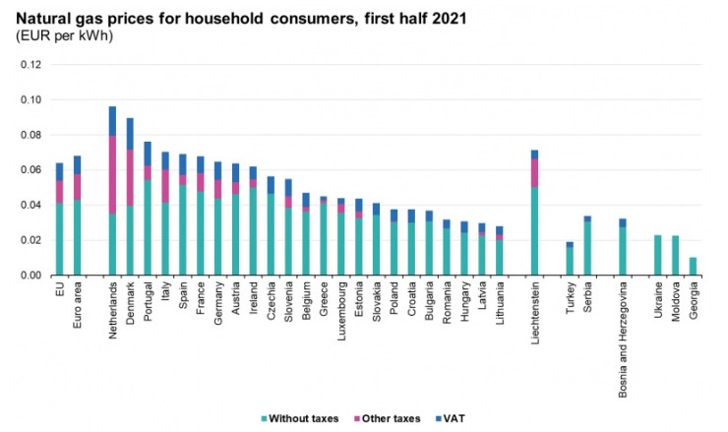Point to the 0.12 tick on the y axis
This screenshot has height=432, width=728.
pyautogui.click(x=32, y=65)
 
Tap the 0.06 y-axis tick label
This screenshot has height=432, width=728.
pyautogui.click(x=32, y=170)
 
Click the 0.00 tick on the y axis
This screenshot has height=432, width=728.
pyautogui.click(x=32, y=276)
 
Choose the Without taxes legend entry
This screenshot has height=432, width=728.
pyautogui.click(x=302, y=418)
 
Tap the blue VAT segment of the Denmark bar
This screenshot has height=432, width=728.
pyautogui.click(x=130, y=134)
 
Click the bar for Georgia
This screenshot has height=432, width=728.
pyautogui.click(x=694, y=267)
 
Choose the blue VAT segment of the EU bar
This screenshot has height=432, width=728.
pyautogui.click(x=59, y=171)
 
